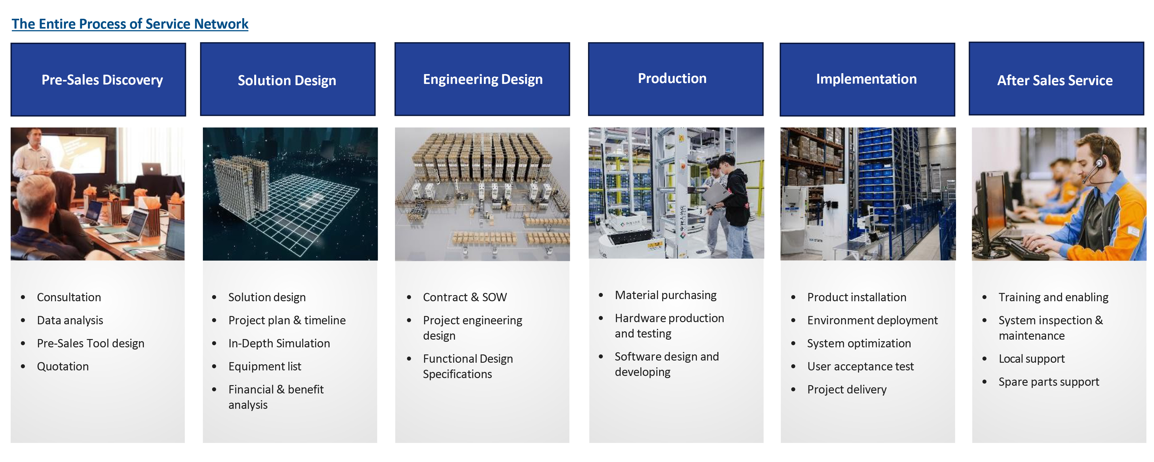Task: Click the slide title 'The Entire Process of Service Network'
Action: (130, 24)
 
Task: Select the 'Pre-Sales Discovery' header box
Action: (98, 79)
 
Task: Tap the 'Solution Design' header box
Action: (288, 79)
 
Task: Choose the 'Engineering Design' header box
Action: (482, 79)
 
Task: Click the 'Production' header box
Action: (676, 79)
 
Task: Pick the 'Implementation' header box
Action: (867, 79)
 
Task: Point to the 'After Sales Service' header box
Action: (1056, 79)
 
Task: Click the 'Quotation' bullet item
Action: (63, 366)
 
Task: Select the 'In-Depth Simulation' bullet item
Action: (279, 343)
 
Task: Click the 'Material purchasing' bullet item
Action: (666, 295)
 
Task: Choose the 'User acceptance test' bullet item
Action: (860, 366)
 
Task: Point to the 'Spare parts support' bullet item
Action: (1049, 382)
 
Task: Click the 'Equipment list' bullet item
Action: (265, 366)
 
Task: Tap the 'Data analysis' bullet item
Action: (70, 320)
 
